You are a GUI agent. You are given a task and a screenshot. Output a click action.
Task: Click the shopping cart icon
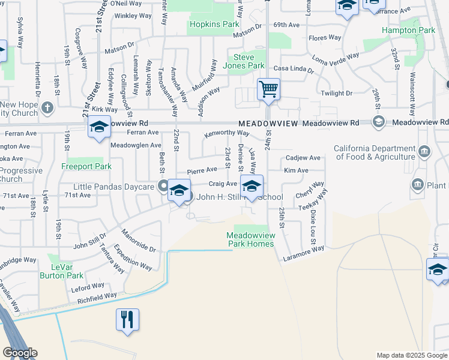(x=268, y=90)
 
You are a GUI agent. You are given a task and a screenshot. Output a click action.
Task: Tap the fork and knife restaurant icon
(x=127, y=319)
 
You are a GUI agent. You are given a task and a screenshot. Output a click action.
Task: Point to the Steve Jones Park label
(x=244, y=61)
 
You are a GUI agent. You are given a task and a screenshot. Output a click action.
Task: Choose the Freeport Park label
(x=86, y=166)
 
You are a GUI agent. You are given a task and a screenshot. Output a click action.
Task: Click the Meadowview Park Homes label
(x=251, y=239)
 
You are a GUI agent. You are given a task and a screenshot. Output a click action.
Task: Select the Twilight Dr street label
(x=336, y=94)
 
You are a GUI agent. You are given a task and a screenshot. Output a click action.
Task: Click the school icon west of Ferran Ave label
(x=100, y=127)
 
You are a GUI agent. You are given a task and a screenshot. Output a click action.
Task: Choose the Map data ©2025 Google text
(x=412, y=355)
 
